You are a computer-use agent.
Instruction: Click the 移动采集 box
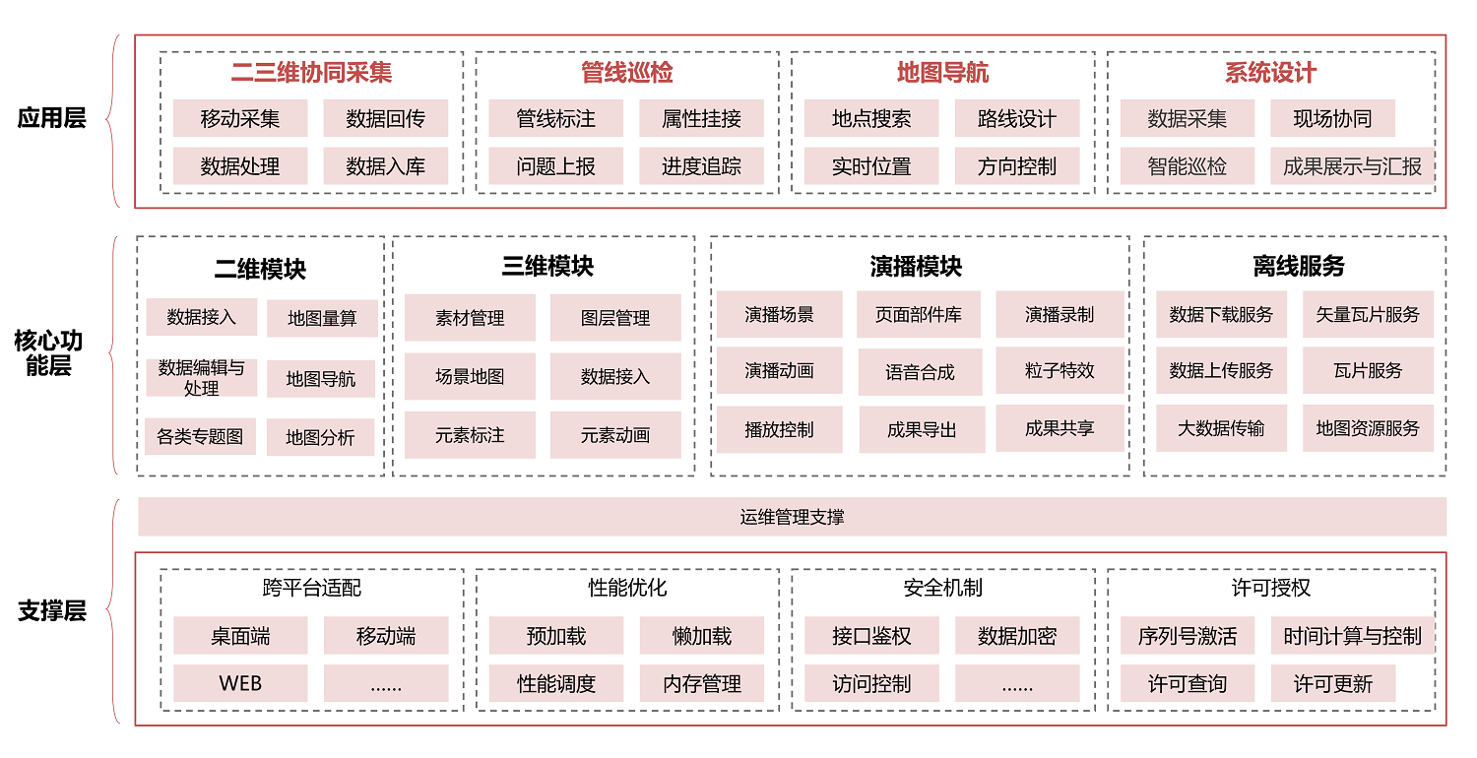pyautogui.click(x=240, y=119)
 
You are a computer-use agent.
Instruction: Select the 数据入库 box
pyautogui.click(x=385, y=166)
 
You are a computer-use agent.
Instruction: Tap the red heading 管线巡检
pyautogui.click(x=627, y=73)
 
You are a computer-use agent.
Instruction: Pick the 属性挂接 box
pyautogui.click(x=701, y=119)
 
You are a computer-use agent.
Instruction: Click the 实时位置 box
pyautogui.click(x=871, y=166)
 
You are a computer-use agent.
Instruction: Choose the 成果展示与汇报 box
pyautogui.click(x=1352, y=166)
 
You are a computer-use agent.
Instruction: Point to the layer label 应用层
pyautogui.click(x=52, y=118)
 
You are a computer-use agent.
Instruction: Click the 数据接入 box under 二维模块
pyautogui.click(x=202, y=317)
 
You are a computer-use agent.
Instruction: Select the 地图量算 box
pyautogui.click(x=321, y=318)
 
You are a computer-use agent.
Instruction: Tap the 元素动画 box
pyautogui.click(x=615, y=435)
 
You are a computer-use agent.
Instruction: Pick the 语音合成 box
pyautogui.click(x=920, y=372)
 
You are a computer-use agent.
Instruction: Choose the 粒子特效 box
pyautogui.click(x=1060, y=370)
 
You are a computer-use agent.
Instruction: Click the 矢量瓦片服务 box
pyautogui.click(x=1368, y=315)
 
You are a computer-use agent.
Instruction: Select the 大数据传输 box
pyautogui.click(x=1221, y=428)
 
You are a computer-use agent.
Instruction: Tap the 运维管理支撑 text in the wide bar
pyautogui.click(x=792, y=517)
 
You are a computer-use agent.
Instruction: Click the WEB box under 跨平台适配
pyautogui.click(x=240, y=683)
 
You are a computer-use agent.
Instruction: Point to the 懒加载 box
pyautogui.click(x=701, y=636)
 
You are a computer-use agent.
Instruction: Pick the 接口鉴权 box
pyautogui.click(x=871, y=636)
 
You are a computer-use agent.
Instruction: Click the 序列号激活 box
pyautogui.click(x=1188, y=636)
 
